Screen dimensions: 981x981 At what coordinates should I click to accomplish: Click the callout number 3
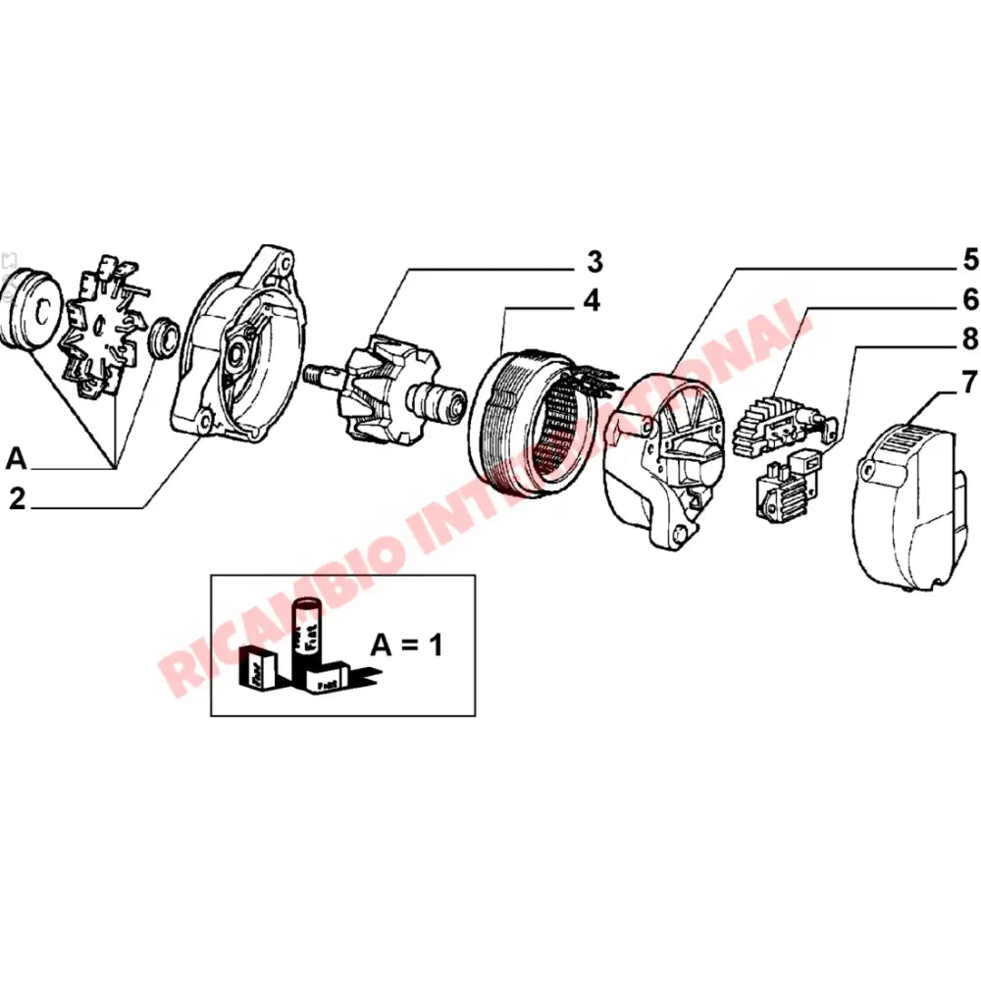pos(594,262)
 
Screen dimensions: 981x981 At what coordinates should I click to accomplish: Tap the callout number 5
pos(969,260)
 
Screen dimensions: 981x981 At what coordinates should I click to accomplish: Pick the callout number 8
pos(969,338)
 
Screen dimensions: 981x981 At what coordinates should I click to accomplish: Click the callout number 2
pos(17,498)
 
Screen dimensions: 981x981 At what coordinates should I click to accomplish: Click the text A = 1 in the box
pos(407,645)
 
